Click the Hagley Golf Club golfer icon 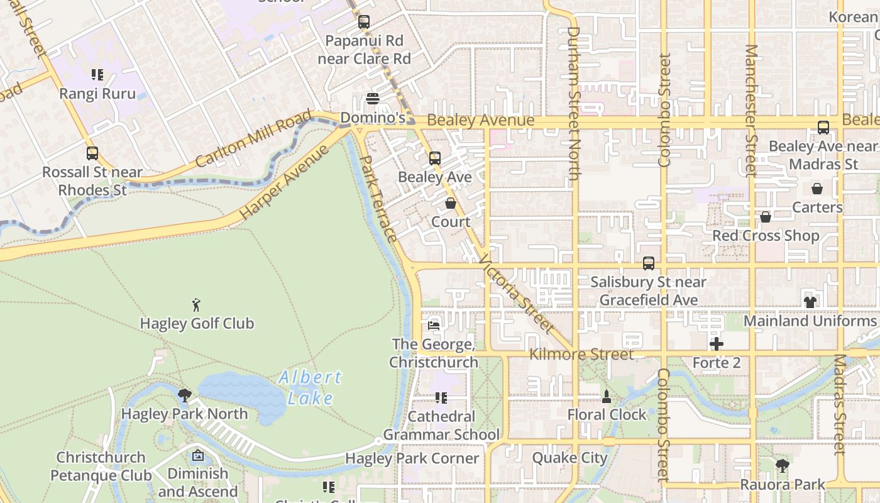coord(196,306)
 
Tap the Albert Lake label coord(310,387)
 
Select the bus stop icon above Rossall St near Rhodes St coord(92,153)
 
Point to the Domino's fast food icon coord(373,99)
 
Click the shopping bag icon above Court coord(451,203)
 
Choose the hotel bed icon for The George coord(433,325)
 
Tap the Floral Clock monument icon coord(606,396)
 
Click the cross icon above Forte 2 coord(716,344)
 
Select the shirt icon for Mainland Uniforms coord(810,302)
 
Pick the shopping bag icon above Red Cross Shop coord(766,217)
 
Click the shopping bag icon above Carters coord(817,189)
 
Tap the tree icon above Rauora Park coord(782,466)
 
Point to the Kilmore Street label coord(581,355)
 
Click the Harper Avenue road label coord(285,182)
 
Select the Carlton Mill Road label coord(253,139)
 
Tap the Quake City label coord(569,457)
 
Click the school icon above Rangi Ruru coord(97,75)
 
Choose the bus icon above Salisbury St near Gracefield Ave coord(649,263)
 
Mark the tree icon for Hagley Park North coord(184,395)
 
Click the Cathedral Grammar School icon coord(441,398)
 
